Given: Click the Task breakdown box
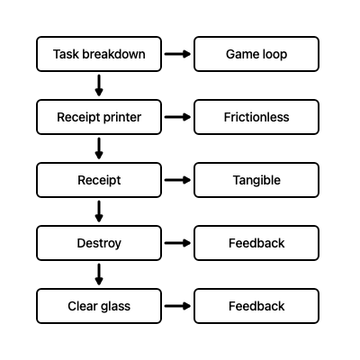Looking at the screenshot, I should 99,54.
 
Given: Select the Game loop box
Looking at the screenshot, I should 256,54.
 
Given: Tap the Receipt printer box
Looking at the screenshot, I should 99,117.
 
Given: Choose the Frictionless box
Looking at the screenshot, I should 256,117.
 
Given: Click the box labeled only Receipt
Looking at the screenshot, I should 99,180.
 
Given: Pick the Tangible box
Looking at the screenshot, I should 256,180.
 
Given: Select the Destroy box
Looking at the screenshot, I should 99,243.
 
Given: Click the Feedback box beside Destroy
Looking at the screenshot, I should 256,243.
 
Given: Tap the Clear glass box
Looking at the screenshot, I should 99,306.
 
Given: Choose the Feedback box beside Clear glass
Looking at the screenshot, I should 256,306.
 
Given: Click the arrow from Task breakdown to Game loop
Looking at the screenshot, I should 178,54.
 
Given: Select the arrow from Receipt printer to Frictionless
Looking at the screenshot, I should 178,117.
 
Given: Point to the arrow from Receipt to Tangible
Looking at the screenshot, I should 178,180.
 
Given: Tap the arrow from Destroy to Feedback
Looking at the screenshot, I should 178,243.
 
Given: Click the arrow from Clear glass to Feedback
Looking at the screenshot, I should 178,306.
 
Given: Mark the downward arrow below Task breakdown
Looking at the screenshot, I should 99,85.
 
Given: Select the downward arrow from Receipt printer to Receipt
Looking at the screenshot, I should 99,148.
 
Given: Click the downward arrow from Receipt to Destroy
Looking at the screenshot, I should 99,211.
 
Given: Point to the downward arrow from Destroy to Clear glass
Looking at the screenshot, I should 99,274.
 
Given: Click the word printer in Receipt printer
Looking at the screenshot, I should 121,118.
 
